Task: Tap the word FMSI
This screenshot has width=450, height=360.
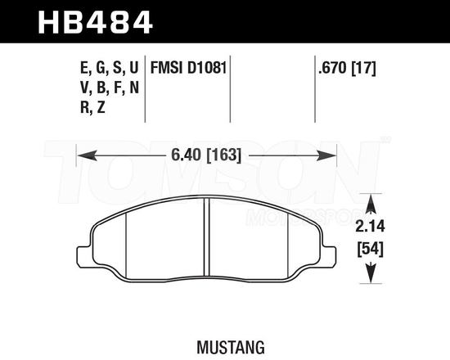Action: (x=168, y=65)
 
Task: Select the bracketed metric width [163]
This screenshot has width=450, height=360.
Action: (x=224, y=154)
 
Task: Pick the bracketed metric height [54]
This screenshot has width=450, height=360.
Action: (x=372, y=249)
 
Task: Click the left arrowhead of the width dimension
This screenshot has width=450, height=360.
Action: (x=82, y=154)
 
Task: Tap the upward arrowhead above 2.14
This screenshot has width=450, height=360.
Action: (x=372, y=201)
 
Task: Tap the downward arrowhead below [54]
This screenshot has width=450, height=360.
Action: (x=372, y=278)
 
